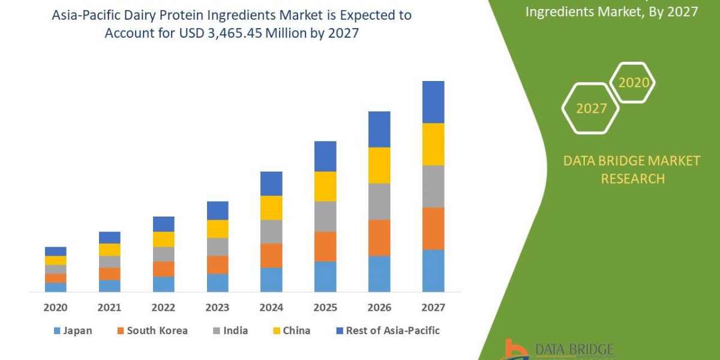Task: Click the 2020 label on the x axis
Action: (x=55, y=308)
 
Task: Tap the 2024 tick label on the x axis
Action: (x=271, y=308)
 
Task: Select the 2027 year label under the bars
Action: (x=433, y=308)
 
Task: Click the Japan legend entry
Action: (x=73, y=331)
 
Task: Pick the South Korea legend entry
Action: (x=151, y=331)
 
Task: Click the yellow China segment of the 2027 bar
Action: (x=433, y=144)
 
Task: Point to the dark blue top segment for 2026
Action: (x=379, y=129)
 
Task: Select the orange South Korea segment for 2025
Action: (x=325, y=246)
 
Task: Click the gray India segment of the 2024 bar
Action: (x=271, y=231)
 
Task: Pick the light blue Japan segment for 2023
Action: (x=217, y=283)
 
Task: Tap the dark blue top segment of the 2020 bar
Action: (x=55, y=251)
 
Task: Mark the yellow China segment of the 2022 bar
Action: (x=163, y=239)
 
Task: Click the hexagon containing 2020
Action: (x=632, y=83)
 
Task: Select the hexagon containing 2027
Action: (x=590, y=108)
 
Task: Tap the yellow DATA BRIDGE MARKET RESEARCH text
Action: (x=632, y=169)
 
